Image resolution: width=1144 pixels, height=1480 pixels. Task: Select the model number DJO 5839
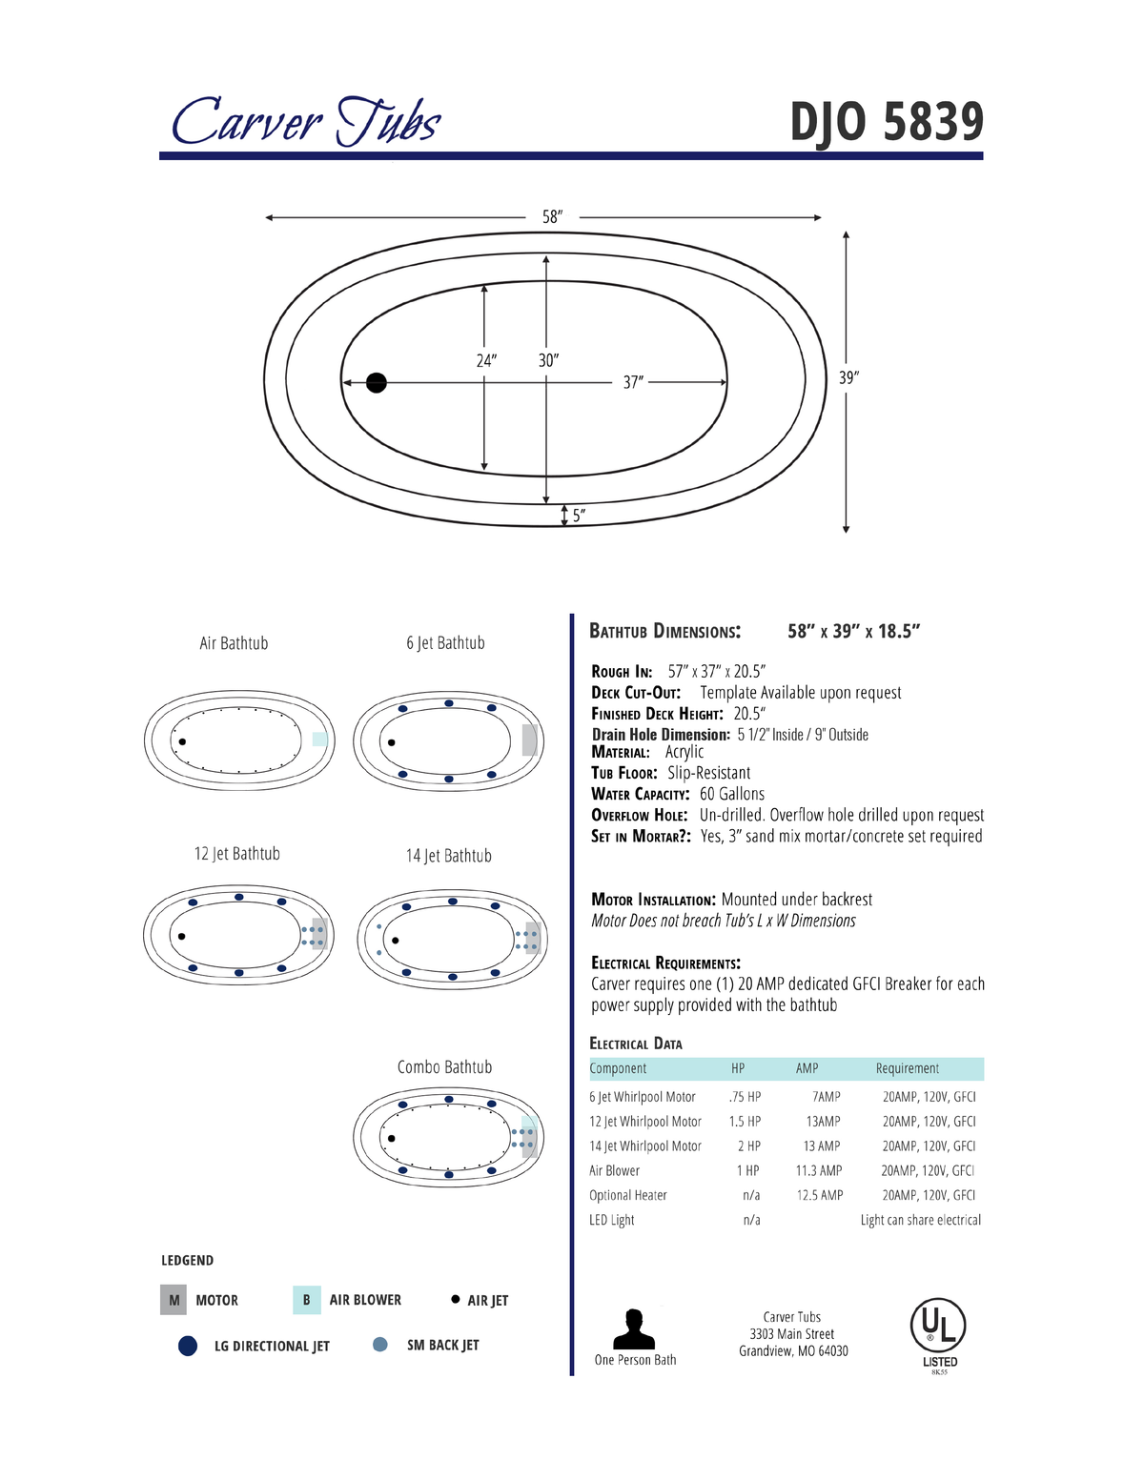(x=888, y=122)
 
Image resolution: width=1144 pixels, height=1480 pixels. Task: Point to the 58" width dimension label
(x=552, y=216)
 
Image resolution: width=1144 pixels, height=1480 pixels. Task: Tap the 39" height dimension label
(x=848, y=377)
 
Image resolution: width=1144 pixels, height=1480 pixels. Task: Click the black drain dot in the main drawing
(x=377, y=383)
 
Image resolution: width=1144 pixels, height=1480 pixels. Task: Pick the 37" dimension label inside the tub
(x=633, y=383)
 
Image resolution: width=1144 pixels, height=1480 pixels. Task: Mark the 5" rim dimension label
(x=580, y=516)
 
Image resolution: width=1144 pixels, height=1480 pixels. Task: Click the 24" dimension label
(x=486, y=360)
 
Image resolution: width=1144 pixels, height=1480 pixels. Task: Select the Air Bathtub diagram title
(x=234, y=643)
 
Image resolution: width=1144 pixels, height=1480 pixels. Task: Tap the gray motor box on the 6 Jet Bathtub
(x=529, y=740)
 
